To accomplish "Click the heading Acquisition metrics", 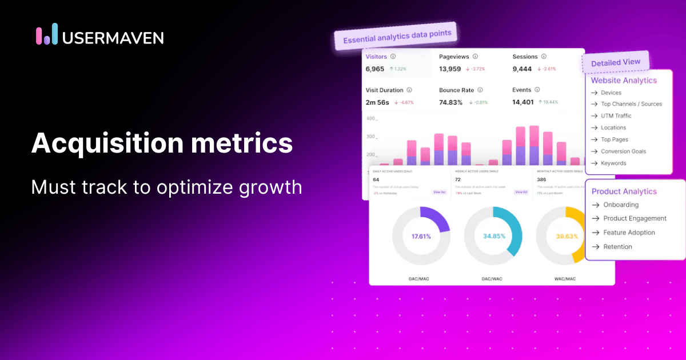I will point(162,142).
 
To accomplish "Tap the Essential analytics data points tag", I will point(397,36).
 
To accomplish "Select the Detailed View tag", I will point(615,62).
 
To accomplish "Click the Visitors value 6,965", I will point(375,69).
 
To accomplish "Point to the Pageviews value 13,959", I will point(450,69).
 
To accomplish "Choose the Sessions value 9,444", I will point(522,69).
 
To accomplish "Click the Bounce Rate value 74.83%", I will point(451,102).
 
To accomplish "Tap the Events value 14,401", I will point(523,102).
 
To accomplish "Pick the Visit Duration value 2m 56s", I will point(377,102).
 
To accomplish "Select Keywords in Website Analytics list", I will point(613,163).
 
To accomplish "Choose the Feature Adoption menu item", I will point(629,233).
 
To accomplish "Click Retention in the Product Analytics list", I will point(617,247).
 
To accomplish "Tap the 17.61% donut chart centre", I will point(421,236).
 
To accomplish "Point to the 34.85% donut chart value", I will point(493,236).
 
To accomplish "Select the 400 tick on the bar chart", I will point(370,119).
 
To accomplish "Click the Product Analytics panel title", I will point(624,191).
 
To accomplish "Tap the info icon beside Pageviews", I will point(475,57).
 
